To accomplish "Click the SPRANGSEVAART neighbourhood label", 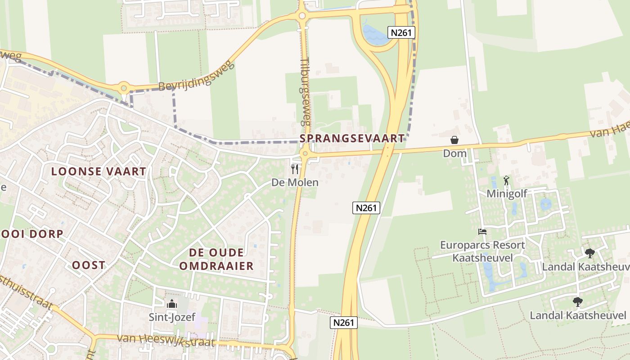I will (352, 138).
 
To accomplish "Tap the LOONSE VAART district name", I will (99, 171).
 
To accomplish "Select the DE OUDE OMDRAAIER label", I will (216, 259).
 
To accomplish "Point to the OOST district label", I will (89, 265).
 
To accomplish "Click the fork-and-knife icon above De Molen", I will (295, 169).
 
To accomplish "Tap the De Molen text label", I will (295, 182).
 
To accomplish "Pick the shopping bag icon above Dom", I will (454, 140).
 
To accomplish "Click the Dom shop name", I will (454, 153).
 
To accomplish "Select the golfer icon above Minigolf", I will (506, 180).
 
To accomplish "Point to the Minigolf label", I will (507, 193).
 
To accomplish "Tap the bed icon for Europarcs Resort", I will (482, 232).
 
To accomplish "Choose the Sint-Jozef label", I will (172, 317).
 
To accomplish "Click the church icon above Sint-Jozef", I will (172, 305).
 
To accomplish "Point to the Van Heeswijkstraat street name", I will (166, 341).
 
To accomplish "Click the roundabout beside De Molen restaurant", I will (306, 154).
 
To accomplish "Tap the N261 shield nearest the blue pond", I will (400, 32).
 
